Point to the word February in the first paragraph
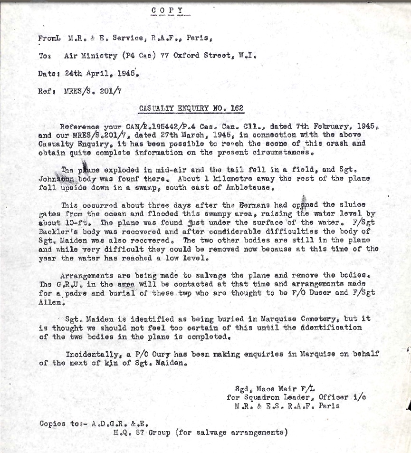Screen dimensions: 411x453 click(339, 127)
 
